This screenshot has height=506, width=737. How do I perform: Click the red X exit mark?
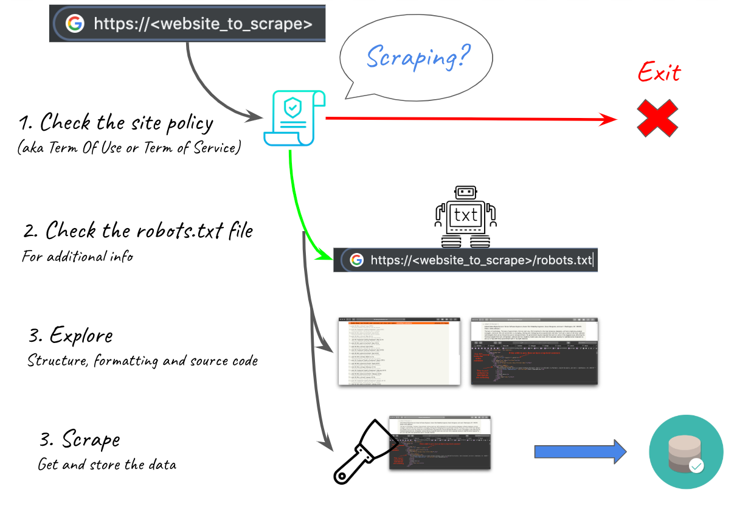[x=657, y=118]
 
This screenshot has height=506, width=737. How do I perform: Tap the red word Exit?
[x=659, y=74]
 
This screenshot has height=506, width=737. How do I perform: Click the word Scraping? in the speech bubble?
[x=418, y=57]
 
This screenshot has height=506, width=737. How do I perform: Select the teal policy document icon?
[x=294, y=118]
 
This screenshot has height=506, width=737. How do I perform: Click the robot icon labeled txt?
[x=466, y=217]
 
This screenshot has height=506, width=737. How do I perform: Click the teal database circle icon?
[x=686, y=452]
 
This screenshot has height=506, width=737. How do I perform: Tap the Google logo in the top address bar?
[x=75, y=24]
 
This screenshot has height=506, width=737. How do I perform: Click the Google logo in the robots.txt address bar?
[x=356, y=260]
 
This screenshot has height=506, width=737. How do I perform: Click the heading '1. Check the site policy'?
[x=116, y=123]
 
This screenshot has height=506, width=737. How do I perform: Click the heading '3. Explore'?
[x=71, y=335]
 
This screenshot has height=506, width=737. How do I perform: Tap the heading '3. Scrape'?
[x=78, y=440]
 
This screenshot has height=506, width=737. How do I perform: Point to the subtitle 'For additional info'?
[x=77, y=256]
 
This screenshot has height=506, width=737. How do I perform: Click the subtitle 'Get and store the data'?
[x=107, y=465]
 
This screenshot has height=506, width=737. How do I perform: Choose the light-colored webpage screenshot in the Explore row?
[x=399, y=351]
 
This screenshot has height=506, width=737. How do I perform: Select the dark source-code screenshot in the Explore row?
[x=534, y=351]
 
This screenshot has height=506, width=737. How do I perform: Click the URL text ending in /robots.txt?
[x=480, y=260]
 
